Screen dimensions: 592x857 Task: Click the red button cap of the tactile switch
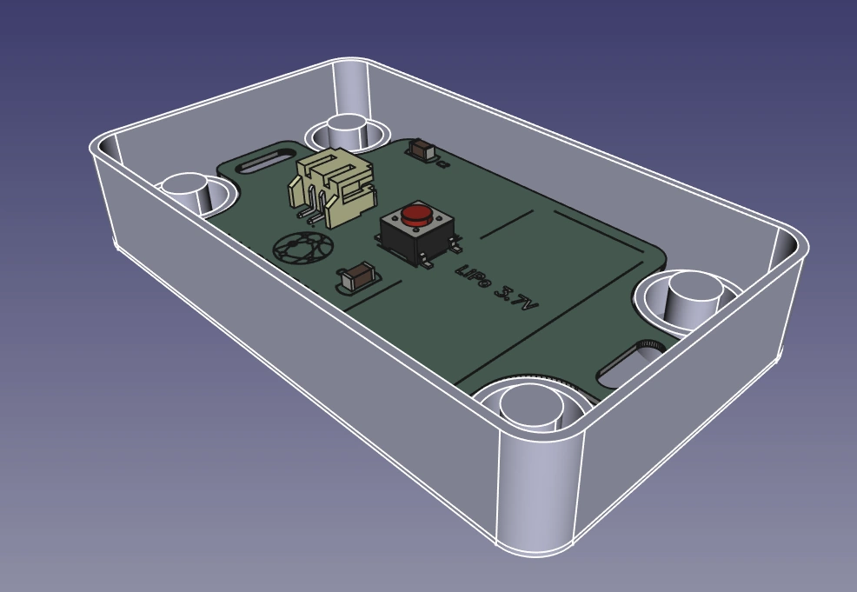(417, 214)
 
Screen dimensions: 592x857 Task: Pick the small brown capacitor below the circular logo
(358, 279)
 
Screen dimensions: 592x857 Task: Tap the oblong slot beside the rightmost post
(630, 364)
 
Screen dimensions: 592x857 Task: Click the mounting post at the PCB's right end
(693, 296)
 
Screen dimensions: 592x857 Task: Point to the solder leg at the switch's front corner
(428, 263)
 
